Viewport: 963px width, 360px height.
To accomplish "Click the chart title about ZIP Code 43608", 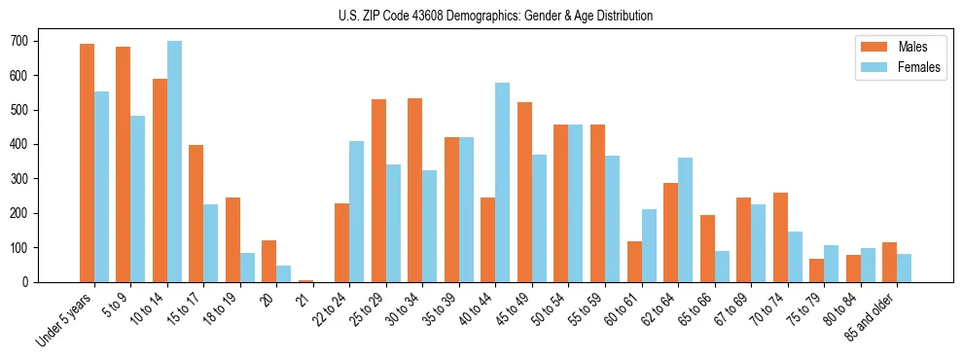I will coord(481,16).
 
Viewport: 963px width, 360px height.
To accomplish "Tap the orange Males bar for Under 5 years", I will coord(87,162).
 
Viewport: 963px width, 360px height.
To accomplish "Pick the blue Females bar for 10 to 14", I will coord(174,162).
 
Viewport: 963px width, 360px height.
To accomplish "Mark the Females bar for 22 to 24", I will coord(357,211).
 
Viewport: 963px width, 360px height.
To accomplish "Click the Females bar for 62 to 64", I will coord(685,220).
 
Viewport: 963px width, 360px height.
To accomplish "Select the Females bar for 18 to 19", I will coord(247,268).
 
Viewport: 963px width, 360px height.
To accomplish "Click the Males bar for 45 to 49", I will coord(524,192).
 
